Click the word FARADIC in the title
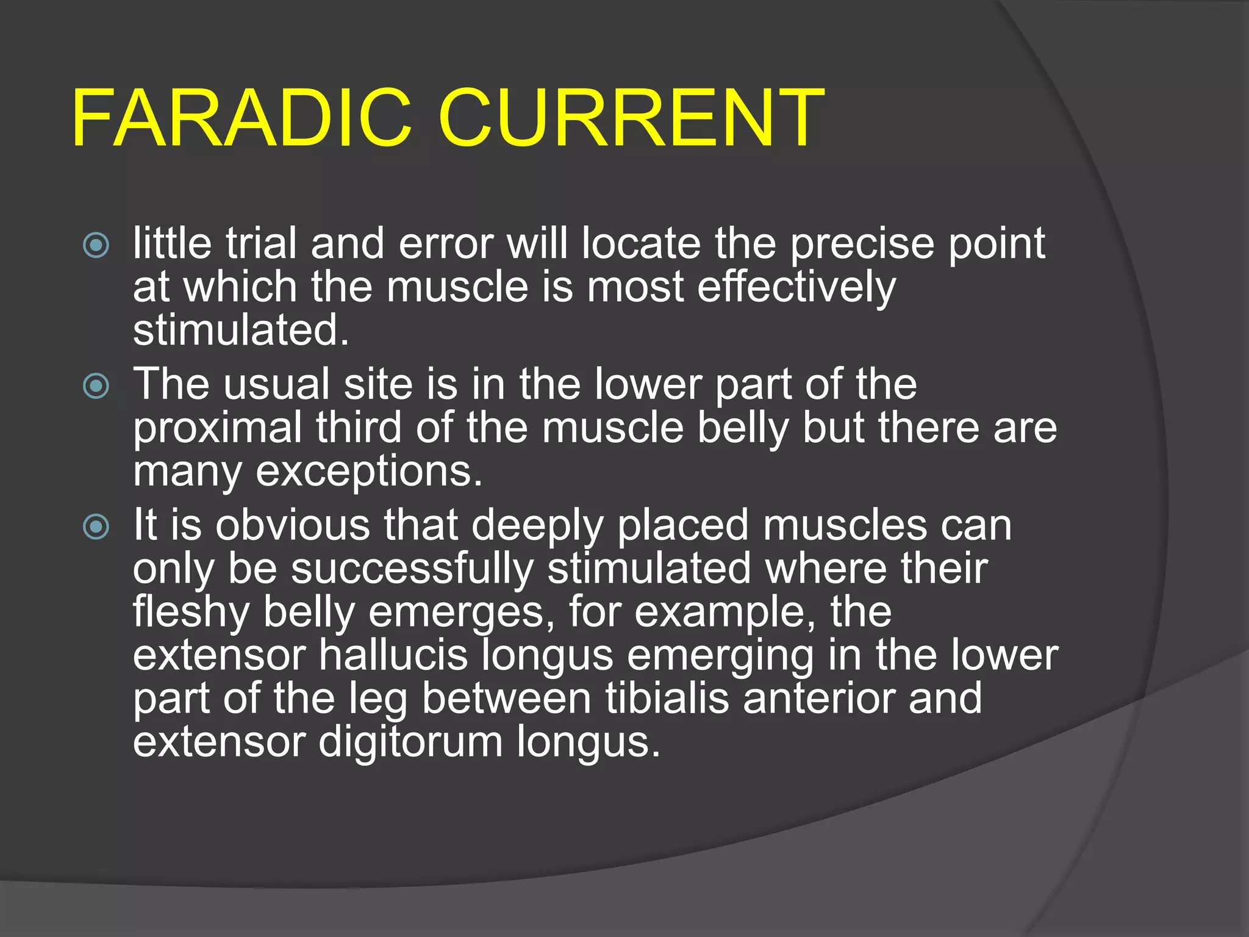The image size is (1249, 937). pyautogui.click(x=242, y=118)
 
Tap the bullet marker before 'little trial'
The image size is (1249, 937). pyautogui.click(x=96, y=246)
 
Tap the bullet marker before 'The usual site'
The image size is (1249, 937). pyautogui.click(x=96, y=386)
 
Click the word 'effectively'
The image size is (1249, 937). pyautogui.click(x=796, y=287)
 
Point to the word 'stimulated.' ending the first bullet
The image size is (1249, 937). pyautogui.click(x=242, y=331)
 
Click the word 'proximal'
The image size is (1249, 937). pyautogui.click(x=218, y=429)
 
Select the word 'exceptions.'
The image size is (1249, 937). pyautogui.click(x=369, y=473)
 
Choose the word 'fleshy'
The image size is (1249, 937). pyautogui.click(x=191, y=613)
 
